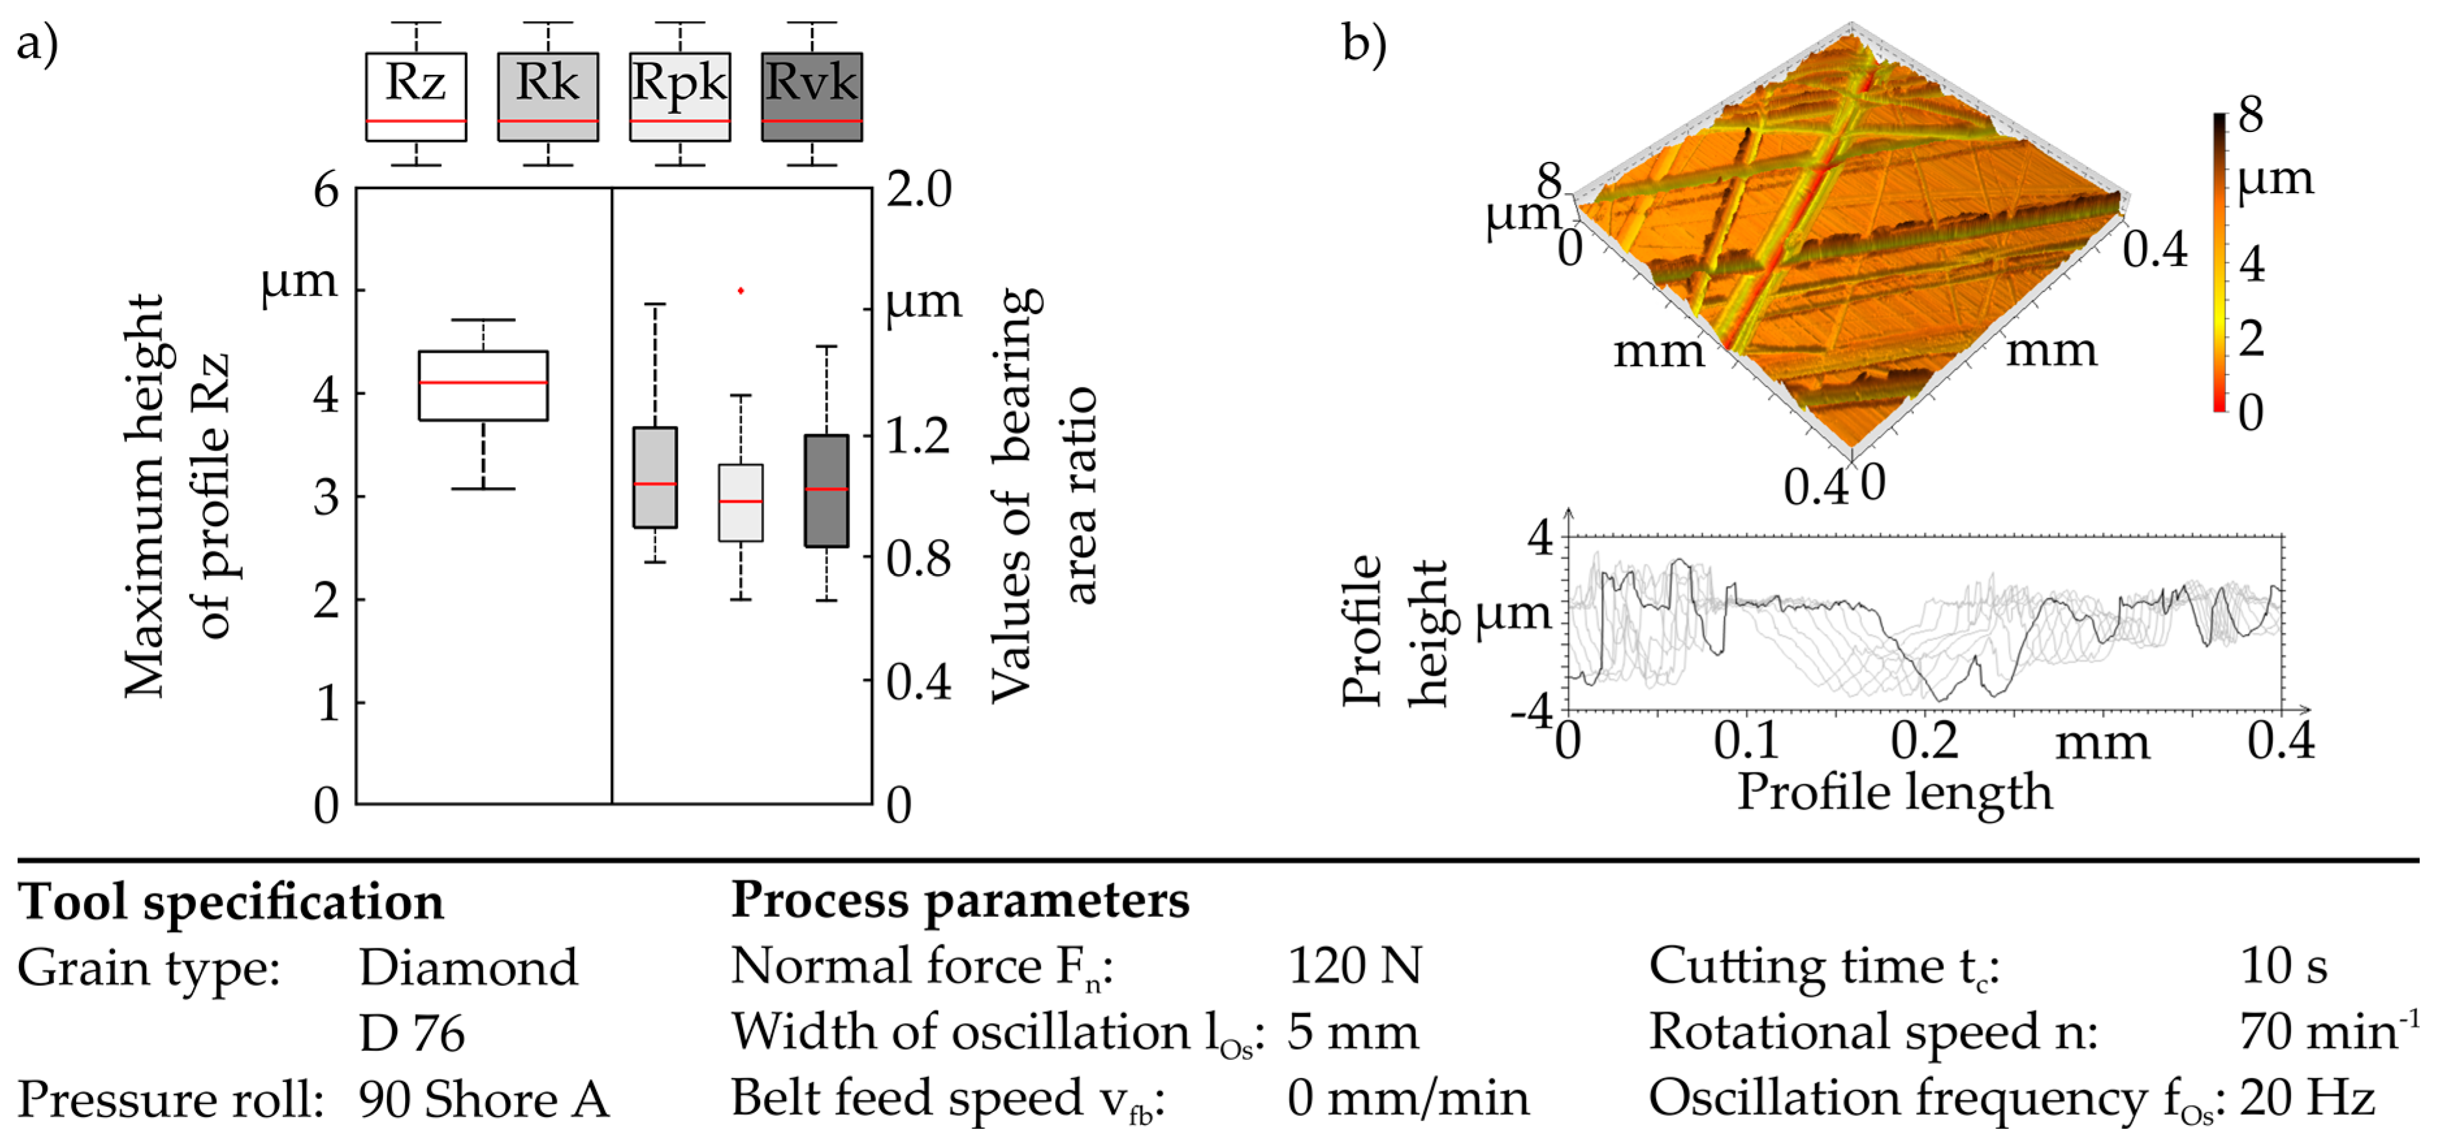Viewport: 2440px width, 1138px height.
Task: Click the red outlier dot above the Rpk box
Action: point(741,291)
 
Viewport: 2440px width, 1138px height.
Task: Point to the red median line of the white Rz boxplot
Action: point(483,383)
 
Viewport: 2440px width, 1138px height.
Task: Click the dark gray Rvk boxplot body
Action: point(826,491)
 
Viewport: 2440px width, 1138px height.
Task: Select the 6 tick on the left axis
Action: point(326,191)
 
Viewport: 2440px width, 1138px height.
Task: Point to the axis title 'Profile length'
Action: point(1895,792)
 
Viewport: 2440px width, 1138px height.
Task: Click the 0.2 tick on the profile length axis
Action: point(1924,740)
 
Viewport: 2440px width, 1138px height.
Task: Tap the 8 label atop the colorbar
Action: point(2251,116)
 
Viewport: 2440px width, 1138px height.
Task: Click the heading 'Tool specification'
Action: point(231,901)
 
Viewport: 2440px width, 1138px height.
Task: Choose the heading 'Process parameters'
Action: point(960,899)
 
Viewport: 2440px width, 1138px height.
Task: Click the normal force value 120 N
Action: point(1354,966)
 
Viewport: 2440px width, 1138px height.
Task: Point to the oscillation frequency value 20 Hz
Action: point(2307,1099)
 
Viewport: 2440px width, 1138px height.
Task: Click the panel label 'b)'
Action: point(1364,44)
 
